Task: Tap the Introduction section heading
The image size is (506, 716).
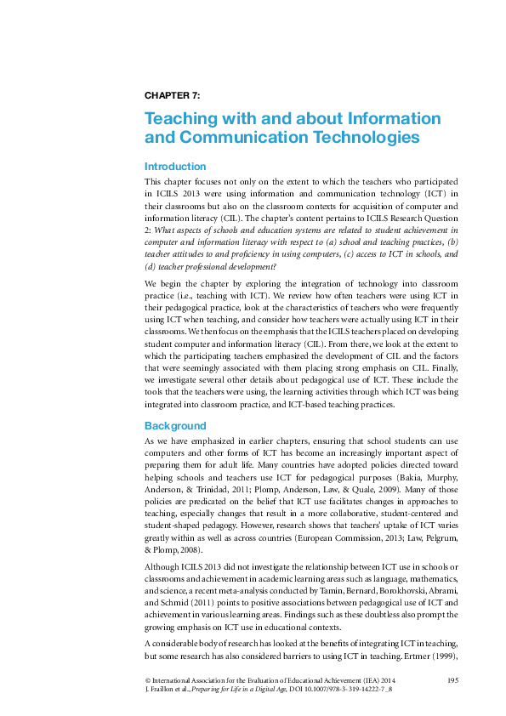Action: click(175, 167)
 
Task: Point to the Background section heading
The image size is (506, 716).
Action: click(175, 425)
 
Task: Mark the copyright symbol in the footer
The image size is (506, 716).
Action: click(148, 681)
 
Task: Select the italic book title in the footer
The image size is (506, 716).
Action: click(247, 691)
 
